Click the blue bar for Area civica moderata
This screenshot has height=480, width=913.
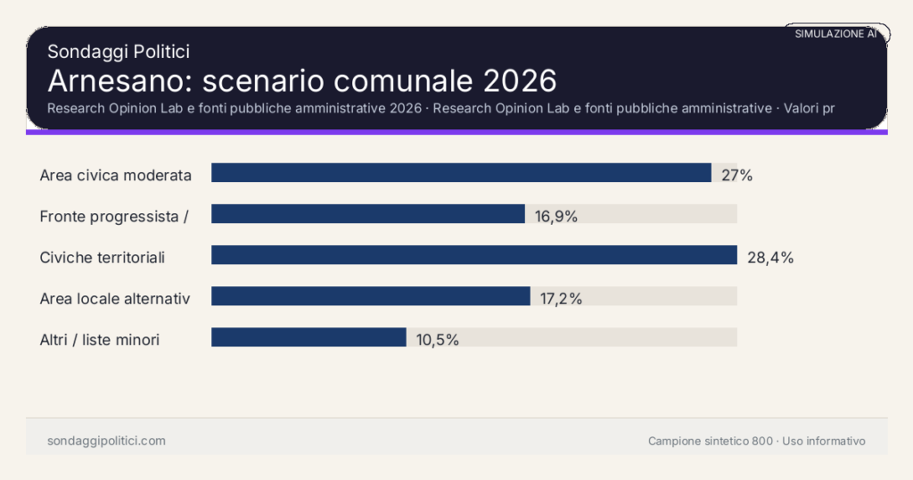coord(461,173)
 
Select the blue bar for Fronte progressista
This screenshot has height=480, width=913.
coord(368,214)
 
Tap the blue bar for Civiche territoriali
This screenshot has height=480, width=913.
coord(474,255)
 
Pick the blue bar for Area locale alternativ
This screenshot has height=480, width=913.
coord(371,296)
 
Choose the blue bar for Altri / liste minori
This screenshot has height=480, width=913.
coord(308,337)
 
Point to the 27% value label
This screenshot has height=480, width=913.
coord(737,175)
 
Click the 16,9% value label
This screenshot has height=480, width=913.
coord(556,216)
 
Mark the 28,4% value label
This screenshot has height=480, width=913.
coord(770,258)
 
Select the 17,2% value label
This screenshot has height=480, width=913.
coord(561,299)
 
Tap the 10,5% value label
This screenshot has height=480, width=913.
coord(437,340)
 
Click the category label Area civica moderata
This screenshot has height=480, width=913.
coord(116,175)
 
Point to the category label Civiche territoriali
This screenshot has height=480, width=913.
coord(103,257)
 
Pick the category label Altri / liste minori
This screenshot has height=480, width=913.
coord(100,339)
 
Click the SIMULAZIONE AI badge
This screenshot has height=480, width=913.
coord(836,34)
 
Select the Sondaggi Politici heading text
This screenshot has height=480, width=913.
coord(119,52)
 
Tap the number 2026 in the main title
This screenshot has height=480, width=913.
coord(520,80)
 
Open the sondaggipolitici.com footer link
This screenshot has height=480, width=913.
coord(106,441)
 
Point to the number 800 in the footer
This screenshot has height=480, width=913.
coord(762,441)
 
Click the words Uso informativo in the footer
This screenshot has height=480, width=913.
coord(824,441)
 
